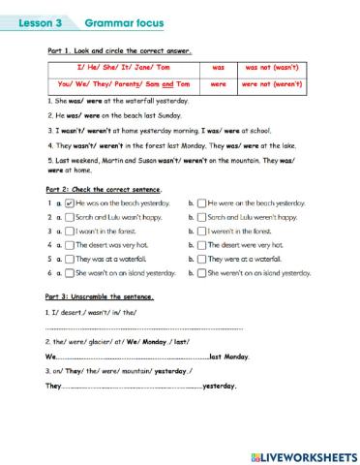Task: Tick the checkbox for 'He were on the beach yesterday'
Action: coord(200,203)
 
